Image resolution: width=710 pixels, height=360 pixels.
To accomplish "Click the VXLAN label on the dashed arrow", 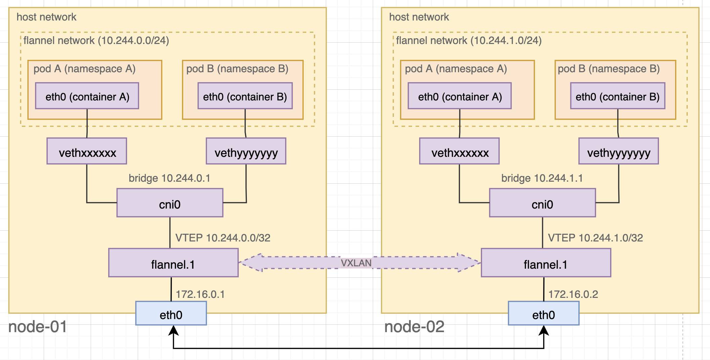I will (356, 263).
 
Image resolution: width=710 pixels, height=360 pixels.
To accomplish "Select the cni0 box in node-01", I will (170, 203).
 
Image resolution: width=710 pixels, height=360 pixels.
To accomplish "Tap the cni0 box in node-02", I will (542, 203).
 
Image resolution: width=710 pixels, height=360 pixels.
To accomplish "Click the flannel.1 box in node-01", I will (173, 263).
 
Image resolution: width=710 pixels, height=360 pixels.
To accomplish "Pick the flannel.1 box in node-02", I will (546, 263).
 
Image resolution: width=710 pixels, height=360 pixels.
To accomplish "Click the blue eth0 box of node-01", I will (171, 313).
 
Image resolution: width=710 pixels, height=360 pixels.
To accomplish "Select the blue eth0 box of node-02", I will (543, 313).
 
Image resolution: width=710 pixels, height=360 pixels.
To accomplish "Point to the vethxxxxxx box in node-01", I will (87, 151).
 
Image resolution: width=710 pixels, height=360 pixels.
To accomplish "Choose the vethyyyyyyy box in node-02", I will (618, 151).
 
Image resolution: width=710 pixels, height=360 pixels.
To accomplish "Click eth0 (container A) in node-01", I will (87, 96).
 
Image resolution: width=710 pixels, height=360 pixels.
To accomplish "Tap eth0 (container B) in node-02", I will (617, 96).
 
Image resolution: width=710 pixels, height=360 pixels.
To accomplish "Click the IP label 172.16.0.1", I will (200, 294).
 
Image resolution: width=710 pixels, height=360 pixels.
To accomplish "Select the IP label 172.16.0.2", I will (573, 294).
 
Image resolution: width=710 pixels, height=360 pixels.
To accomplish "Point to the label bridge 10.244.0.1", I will (169, 178).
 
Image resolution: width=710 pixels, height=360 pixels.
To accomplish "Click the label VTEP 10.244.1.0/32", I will (595, 238).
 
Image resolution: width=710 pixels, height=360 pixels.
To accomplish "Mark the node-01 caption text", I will (38, 327).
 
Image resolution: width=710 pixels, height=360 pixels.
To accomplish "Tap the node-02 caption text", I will (414, 327).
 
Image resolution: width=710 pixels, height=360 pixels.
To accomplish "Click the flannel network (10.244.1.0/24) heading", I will (469, 41).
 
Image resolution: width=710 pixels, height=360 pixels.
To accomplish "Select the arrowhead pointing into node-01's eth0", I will (173, 331).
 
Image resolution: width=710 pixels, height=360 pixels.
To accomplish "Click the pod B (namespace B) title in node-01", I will (237, 69).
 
